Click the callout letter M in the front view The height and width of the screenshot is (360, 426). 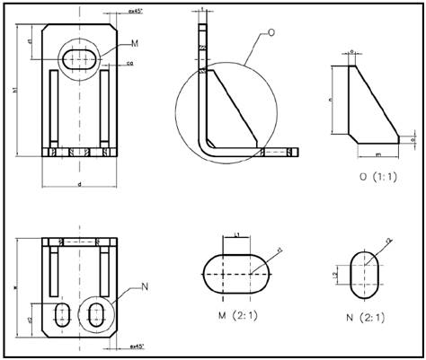(135, 42)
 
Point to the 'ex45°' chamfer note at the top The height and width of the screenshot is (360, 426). (138, 12)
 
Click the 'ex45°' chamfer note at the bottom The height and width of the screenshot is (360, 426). (138, 346)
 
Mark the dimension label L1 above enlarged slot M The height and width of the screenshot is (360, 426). (236, 234)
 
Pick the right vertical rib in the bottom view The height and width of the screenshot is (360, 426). (104, 270)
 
